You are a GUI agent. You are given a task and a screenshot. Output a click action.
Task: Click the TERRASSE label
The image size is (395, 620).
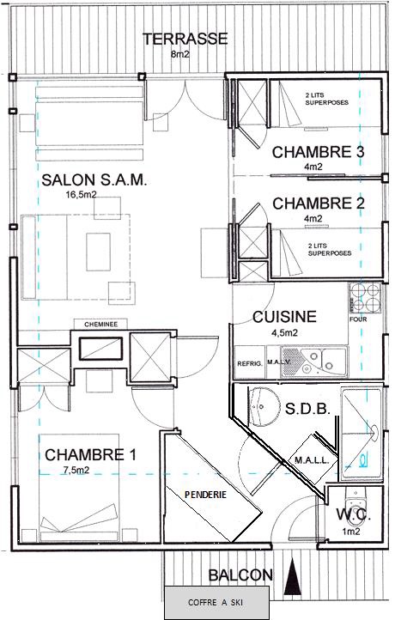coord(185,39)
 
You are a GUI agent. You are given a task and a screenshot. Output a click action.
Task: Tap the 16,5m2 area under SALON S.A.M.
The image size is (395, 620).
coord(82,194)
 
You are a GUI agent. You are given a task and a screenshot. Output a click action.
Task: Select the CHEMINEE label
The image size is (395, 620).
coord(100,325)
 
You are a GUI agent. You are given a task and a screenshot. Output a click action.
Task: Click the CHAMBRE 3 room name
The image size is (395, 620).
coord(318,152)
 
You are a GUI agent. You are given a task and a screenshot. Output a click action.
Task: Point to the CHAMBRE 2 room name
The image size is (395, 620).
coord(318,204)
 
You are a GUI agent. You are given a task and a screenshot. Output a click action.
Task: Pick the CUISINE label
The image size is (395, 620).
coord(284,317)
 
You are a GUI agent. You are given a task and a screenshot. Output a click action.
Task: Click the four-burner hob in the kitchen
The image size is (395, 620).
coord(365,298)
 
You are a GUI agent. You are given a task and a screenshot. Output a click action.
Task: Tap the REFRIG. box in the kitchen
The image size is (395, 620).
coord(250,362)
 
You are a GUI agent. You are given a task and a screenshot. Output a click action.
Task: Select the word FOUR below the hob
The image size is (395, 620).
coord(358,319)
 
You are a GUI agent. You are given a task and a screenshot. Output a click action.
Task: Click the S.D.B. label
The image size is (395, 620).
coord(307,409)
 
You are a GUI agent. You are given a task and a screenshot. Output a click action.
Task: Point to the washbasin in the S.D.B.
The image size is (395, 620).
coord(262,407)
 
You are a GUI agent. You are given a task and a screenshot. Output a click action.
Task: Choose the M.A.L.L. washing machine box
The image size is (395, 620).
coord(313,460)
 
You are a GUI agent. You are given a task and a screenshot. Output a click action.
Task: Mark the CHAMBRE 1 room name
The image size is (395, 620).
coord(90,455)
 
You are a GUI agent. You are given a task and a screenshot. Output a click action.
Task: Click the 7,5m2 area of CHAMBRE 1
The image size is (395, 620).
coord(76,470)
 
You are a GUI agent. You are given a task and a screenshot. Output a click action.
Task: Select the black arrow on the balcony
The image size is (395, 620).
coord(293,578)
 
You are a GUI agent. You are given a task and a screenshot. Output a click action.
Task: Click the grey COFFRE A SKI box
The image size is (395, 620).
coord(216,603)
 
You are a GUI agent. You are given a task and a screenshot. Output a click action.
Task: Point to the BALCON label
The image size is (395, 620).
coord(240,575)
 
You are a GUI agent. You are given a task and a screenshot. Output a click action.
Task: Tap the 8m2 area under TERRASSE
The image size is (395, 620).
coord(180,54)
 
